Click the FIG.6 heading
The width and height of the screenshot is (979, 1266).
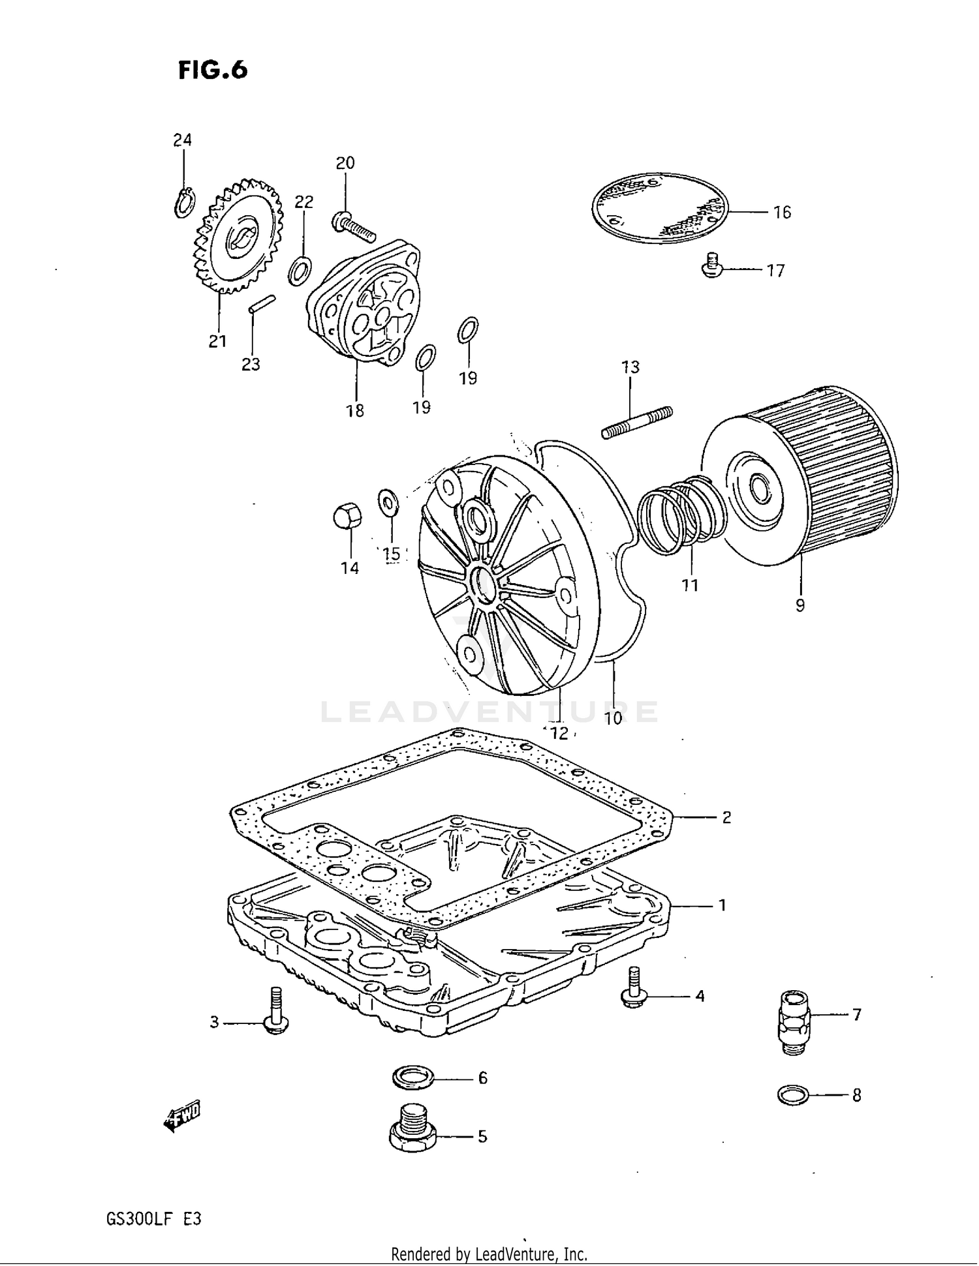pyautogui.click(x=213, y=70)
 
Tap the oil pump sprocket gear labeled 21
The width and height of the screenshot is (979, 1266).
pyautogui.click(x=238, y=237)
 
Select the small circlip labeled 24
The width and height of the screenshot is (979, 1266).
pyautogui.click(x=185, y=202)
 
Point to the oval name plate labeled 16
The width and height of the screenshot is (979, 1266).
pyautogui.click(x=659, y=208)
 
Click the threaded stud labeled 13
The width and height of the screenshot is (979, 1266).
pyautogui.click(x=636, y=423)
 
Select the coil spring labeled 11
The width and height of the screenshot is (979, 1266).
pyautogui.click(x=681, y=515)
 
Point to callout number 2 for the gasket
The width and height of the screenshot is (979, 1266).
pyautogui.click(x=726, y=817)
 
